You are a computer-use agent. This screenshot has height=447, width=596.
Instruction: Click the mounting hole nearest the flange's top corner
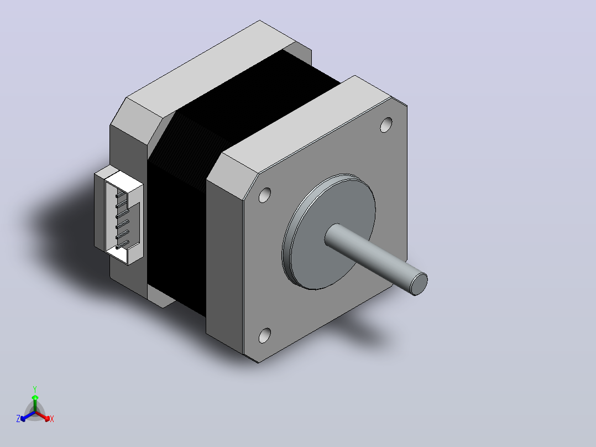pyautogui.click(x=386, y=125)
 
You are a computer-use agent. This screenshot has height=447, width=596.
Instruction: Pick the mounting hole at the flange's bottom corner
pyautogui.click(x=265, y=335)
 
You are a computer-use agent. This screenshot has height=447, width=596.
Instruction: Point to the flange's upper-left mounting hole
pyautogui.click(x=265, y=195)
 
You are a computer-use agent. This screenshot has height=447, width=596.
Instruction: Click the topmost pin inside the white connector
pyautogui.click(x=121, y=195)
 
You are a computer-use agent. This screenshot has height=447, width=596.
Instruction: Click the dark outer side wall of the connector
pyautogui.click(x=99, y=211)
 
